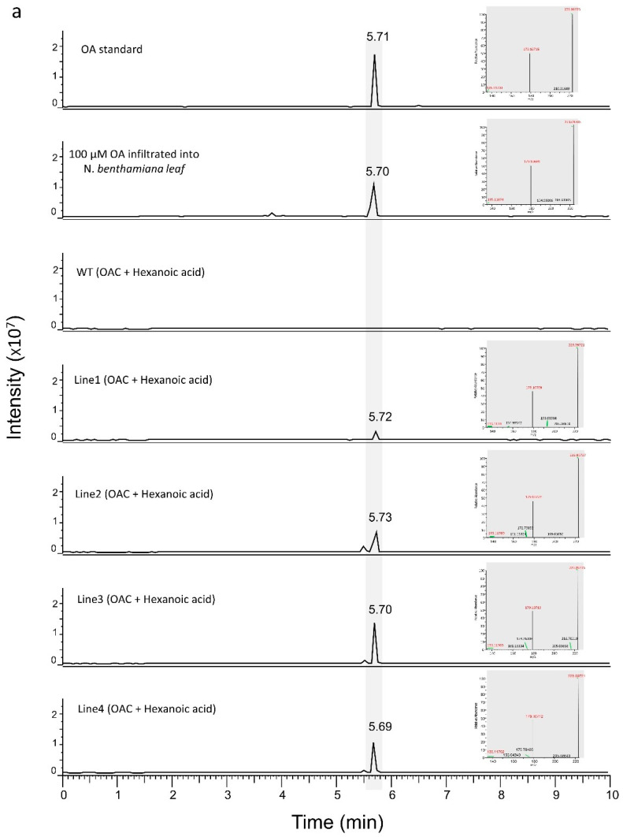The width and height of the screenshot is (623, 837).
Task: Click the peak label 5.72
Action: (381, 416)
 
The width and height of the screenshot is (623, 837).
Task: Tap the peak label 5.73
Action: (381, 517)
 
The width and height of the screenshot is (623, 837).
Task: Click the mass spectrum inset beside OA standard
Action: (532, 51)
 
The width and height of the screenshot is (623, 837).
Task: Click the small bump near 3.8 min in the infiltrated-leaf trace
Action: (272, 214)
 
